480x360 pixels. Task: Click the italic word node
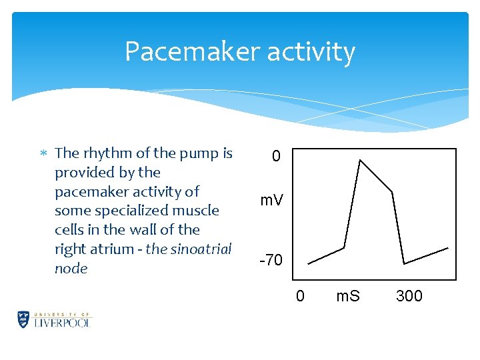coord(71,269)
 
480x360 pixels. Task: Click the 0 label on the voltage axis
coord(276,157)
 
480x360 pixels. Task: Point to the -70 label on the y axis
coord(271,260)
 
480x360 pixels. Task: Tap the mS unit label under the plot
coord(347,295)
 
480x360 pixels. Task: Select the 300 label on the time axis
coord(409,295)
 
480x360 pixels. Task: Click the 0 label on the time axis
coord(300,295)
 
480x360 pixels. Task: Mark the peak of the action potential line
coord(360,160)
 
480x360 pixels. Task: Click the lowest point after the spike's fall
coord(404,263)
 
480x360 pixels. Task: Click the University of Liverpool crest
coord(24,319)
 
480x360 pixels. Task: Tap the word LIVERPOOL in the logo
coord(63,322)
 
